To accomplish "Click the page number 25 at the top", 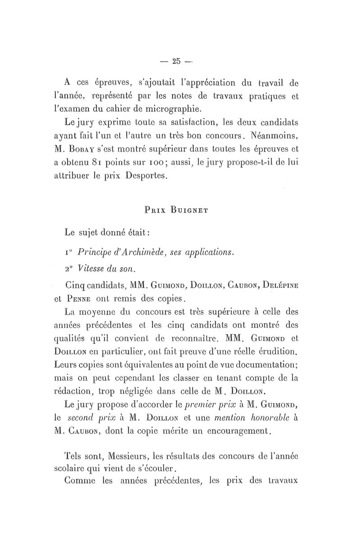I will [x=176, y=61].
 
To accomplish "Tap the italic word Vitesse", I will [x=93, y=269].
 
